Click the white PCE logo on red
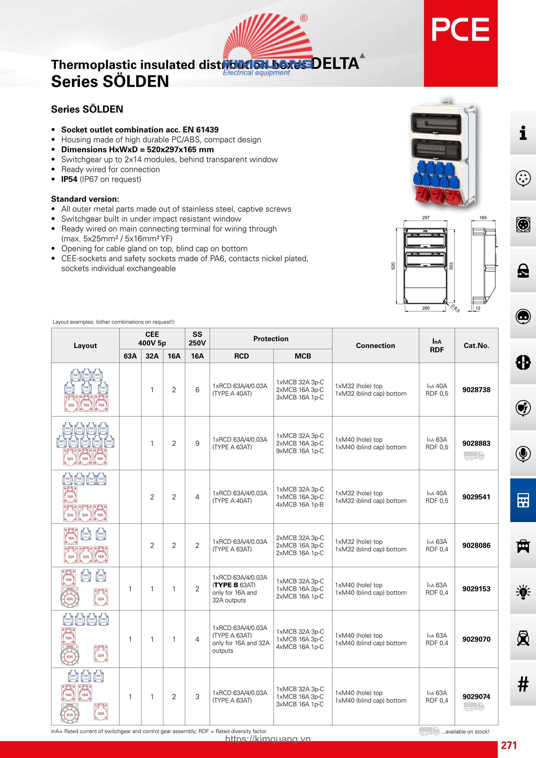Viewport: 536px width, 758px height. [460, 30]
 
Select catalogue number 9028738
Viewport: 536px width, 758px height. [476, 390]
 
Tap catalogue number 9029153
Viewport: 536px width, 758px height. [476, 589]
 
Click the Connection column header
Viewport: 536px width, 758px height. [375, 345]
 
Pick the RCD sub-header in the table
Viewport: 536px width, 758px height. [241, 356]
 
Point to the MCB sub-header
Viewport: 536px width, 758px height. [303, 356]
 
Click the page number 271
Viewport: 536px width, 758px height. [509, 745]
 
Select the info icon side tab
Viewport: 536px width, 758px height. [523, 133]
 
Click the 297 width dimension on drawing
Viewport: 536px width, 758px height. [426, 217]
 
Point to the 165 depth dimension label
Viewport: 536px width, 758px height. [483, 217]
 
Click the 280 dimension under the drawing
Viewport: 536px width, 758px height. [426, 308]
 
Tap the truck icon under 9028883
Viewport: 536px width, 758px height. [474, 456]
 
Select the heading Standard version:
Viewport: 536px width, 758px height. [85, 199]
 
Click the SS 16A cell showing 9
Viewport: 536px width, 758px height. [197, 443]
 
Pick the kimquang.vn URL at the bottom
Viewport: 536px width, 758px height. [268, 739]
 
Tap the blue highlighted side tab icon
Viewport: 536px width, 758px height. [523, 500]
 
